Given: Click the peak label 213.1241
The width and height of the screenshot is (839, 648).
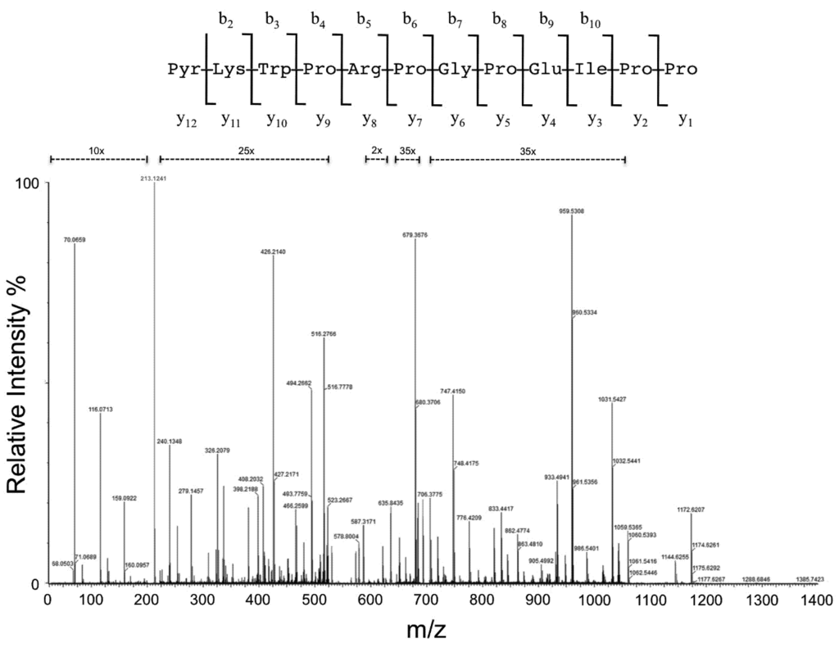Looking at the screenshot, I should (154, 178).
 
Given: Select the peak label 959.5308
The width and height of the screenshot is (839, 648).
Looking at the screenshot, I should (571, 211).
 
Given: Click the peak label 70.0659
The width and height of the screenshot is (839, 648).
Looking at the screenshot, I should (75, 240).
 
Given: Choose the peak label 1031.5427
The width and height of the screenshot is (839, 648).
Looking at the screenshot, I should (612, 399).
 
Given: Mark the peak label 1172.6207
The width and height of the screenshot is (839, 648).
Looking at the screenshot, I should (692, 510).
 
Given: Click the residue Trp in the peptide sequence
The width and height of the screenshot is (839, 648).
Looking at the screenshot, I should (273, 70).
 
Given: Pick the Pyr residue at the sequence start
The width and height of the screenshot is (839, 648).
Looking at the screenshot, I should (183, 70).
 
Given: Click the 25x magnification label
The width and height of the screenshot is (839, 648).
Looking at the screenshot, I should (243, 151).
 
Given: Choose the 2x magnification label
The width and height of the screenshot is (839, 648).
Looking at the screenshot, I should (376, 151).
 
